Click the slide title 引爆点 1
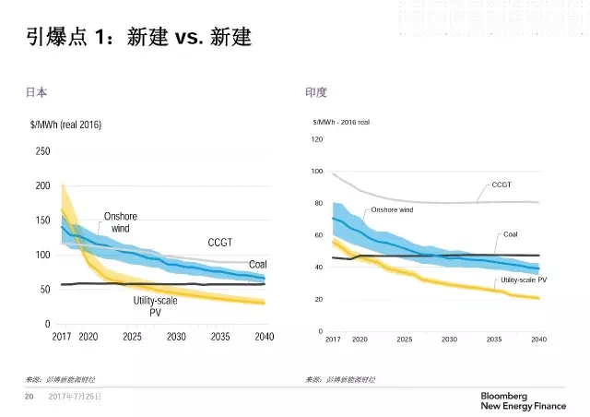tap(137, 40)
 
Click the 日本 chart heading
tap(36, 92)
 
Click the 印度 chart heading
tap(315, 92)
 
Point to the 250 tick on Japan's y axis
tap(42, 151)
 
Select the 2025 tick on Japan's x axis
tap(132, 337)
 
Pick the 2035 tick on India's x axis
tap(493, 340)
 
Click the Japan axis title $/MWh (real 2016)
tap(65, 125)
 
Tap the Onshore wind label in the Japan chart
tap(121, 222)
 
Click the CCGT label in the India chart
tap(501, 185)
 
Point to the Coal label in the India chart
tap(510, 234)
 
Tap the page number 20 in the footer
tap(29, 397)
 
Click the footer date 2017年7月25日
tap(75, 397)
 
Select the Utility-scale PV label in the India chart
tap(523, 279)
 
